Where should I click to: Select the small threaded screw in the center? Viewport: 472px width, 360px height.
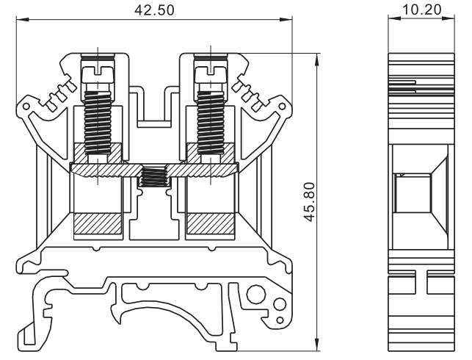(153, 177)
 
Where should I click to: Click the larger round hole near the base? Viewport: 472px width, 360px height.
(256, 297)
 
